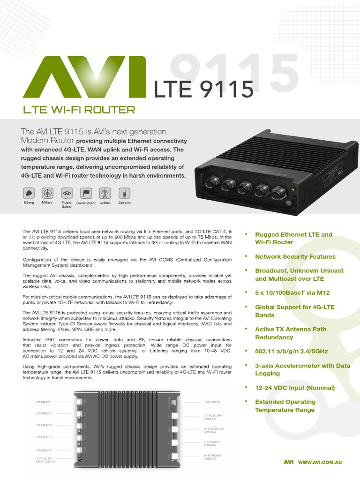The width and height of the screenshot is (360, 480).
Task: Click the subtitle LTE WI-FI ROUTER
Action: pos(79,110)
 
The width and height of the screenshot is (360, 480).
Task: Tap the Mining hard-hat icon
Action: pos(29,193)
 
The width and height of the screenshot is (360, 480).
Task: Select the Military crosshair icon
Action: pos(47,193)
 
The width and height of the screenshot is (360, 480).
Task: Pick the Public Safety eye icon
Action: pos(67,193)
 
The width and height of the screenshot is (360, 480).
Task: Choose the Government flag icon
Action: pos(86,193)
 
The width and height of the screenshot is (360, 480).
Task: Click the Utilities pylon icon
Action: pos(105,193)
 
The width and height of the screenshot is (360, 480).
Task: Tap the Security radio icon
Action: pos(124,193)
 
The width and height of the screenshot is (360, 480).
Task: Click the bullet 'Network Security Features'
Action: pos(295,257)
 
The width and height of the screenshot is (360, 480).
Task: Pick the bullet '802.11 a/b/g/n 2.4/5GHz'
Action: pos(292,351)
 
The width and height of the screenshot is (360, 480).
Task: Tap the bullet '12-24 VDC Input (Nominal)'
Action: pos(295,388)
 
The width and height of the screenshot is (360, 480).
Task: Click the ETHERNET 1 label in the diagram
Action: pos(44,402)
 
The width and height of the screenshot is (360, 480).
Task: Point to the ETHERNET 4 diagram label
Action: pos(44,437)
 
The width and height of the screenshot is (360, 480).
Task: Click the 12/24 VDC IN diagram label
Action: pos(212,402)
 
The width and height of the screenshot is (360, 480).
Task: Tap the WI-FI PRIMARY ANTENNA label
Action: pos(212,457)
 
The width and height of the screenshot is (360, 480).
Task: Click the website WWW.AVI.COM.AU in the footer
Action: pos(320,462)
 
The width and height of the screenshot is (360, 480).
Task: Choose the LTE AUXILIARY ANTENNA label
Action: pos(213,417)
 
